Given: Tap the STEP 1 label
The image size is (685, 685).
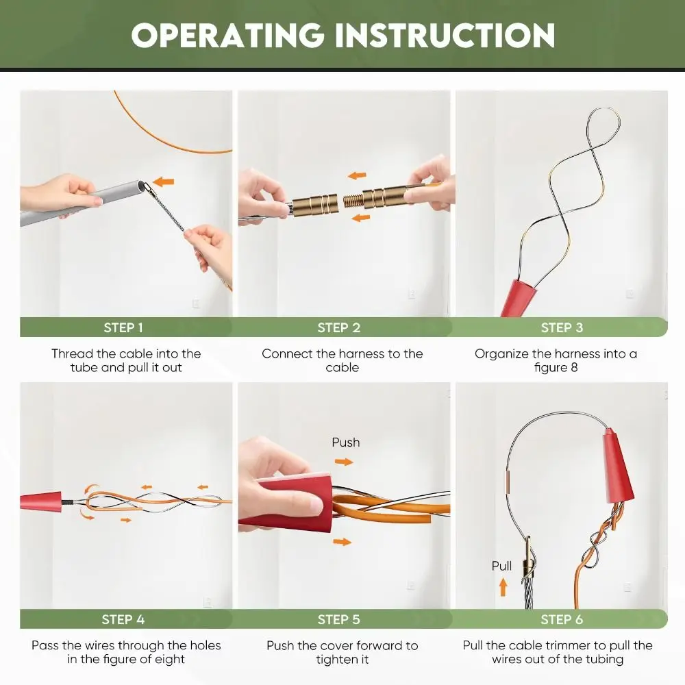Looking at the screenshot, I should click(x=123, y=327).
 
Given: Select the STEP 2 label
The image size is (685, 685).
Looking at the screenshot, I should click(x=339, y=327).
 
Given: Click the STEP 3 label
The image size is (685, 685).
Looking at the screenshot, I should click(x=562, y=327).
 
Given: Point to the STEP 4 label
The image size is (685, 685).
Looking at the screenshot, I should click(x=123, y=619).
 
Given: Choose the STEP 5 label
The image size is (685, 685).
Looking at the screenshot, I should click(x=339, y=619).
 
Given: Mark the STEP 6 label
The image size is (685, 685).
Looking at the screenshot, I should click(x=562, y=619).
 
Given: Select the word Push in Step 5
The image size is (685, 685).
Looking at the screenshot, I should click(x=346, y=443).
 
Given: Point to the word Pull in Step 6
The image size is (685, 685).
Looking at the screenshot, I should click(x=502, y=566).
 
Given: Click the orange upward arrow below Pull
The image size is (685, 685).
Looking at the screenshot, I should click(x=503, y=586).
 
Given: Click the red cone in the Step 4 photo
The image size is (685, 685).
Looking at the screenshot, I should click(x=42, y=501).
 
